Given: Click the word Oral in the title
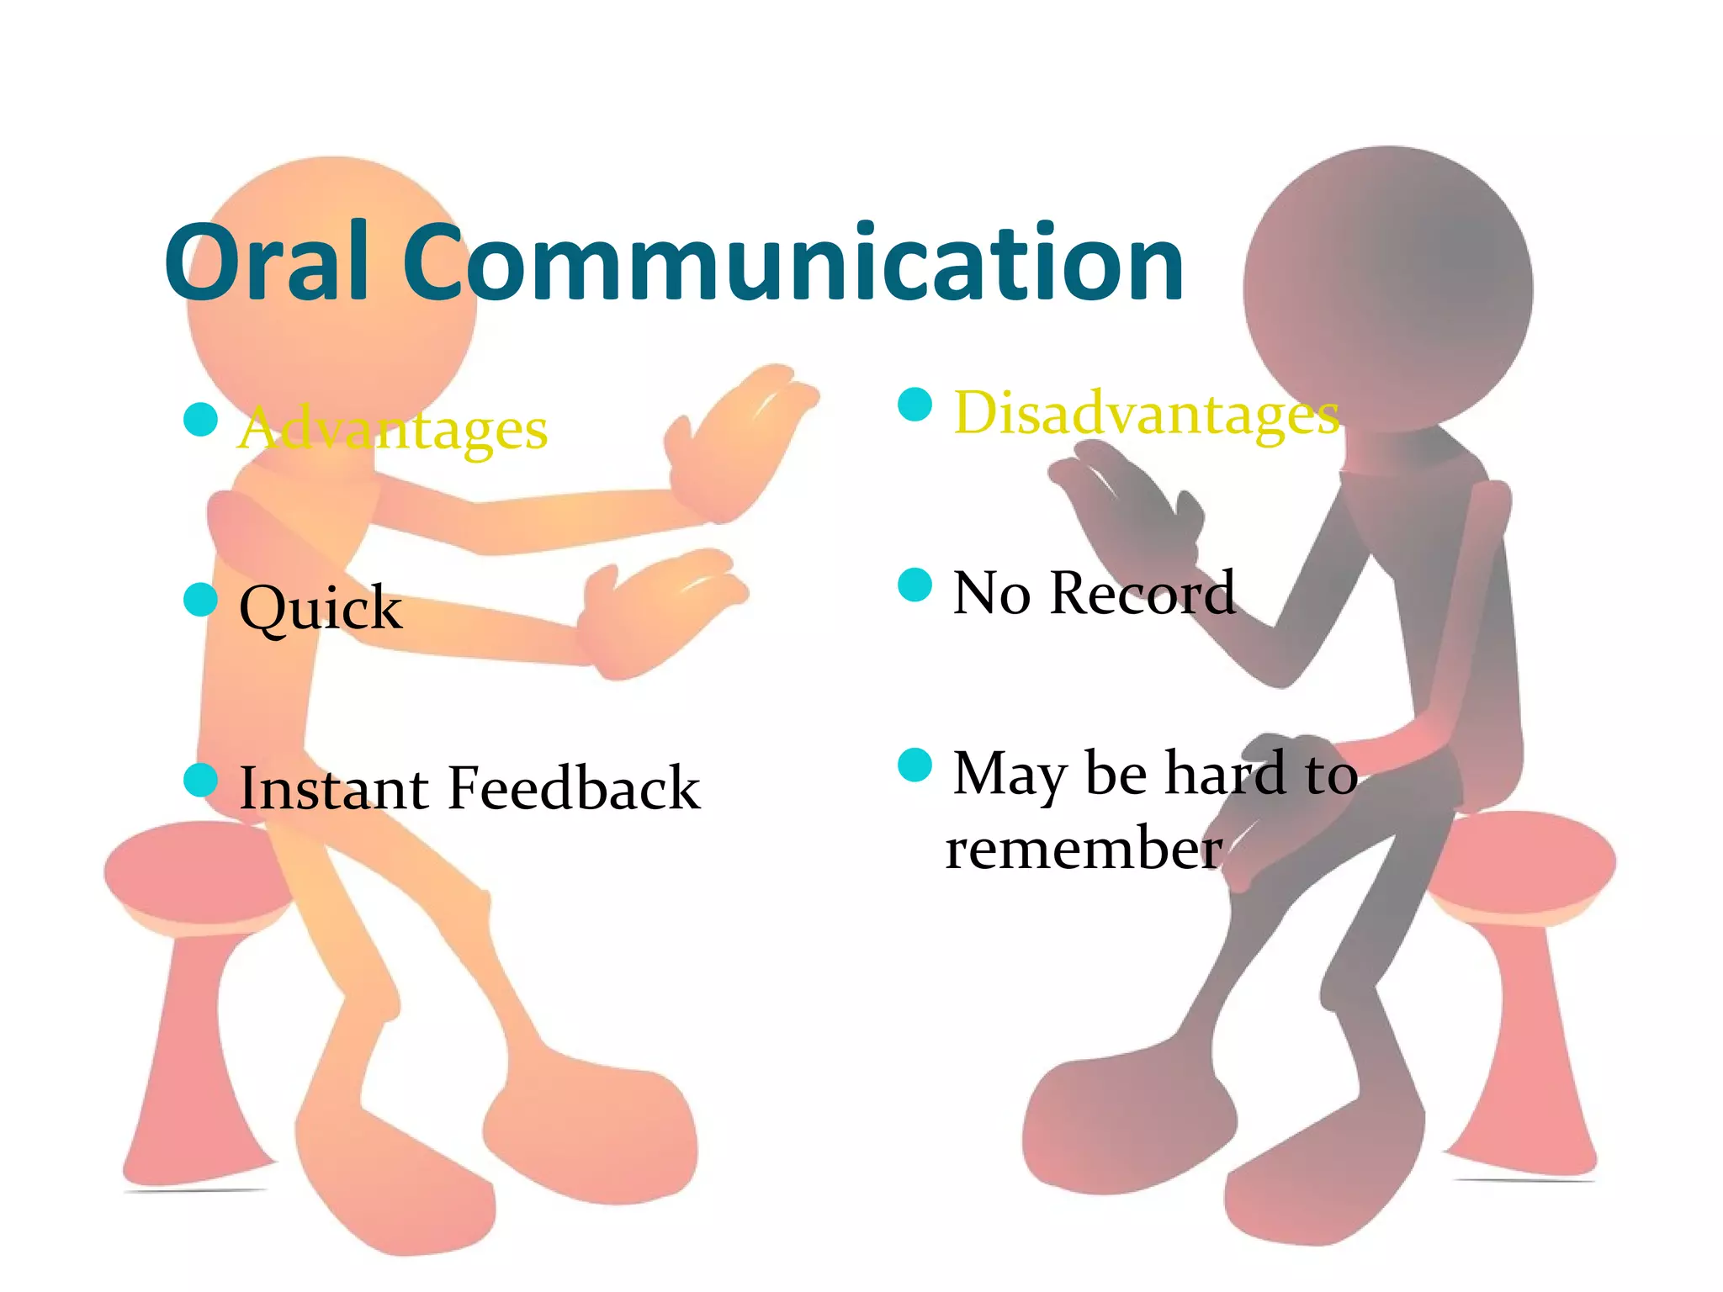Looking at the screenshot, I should tap(268, 262).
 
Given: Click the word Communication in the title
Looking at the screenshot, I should tap(793, 262).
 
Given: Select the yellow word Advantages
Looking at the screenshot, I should tap(394, 429).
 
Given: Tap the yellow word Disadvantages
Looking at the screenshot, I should tap(1146, 414).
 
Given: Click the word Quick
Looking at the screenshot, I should tap(321, 607).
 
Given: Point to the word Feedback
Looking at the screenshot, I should tap(574, 788).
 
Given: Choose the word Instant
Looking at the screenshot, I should tap(334, 788).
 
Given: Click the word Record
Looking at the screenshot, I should tap(1143, 593).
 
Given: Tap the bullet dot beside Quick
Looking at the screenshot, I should tap(200, 600).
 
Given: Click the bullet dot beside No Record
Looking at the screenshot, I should tap(915, 585).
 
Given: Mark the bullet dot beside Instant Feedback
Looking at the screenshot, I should tap(200, 780).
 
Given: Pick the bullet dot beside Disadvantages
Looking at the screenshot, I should tap(915, 405).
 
